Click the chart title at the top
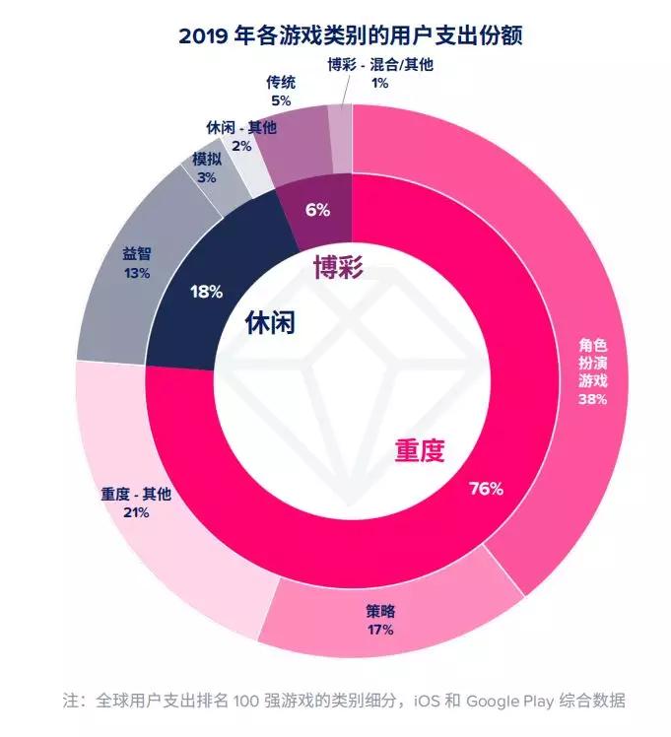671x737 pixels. (335, 36)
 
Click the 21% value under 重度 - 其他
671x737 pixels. (136, 512)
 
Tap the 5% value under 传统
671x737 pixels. (281, 100)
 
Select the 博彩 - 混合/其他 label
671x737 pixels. (379, 65)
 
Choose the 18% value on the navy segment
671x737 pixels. (206, 292)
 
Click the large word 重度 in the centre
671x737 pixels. (421, 450)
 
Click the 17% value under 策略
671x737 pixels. (379, 629)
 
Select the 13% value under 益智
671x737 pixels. (137, 273)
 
